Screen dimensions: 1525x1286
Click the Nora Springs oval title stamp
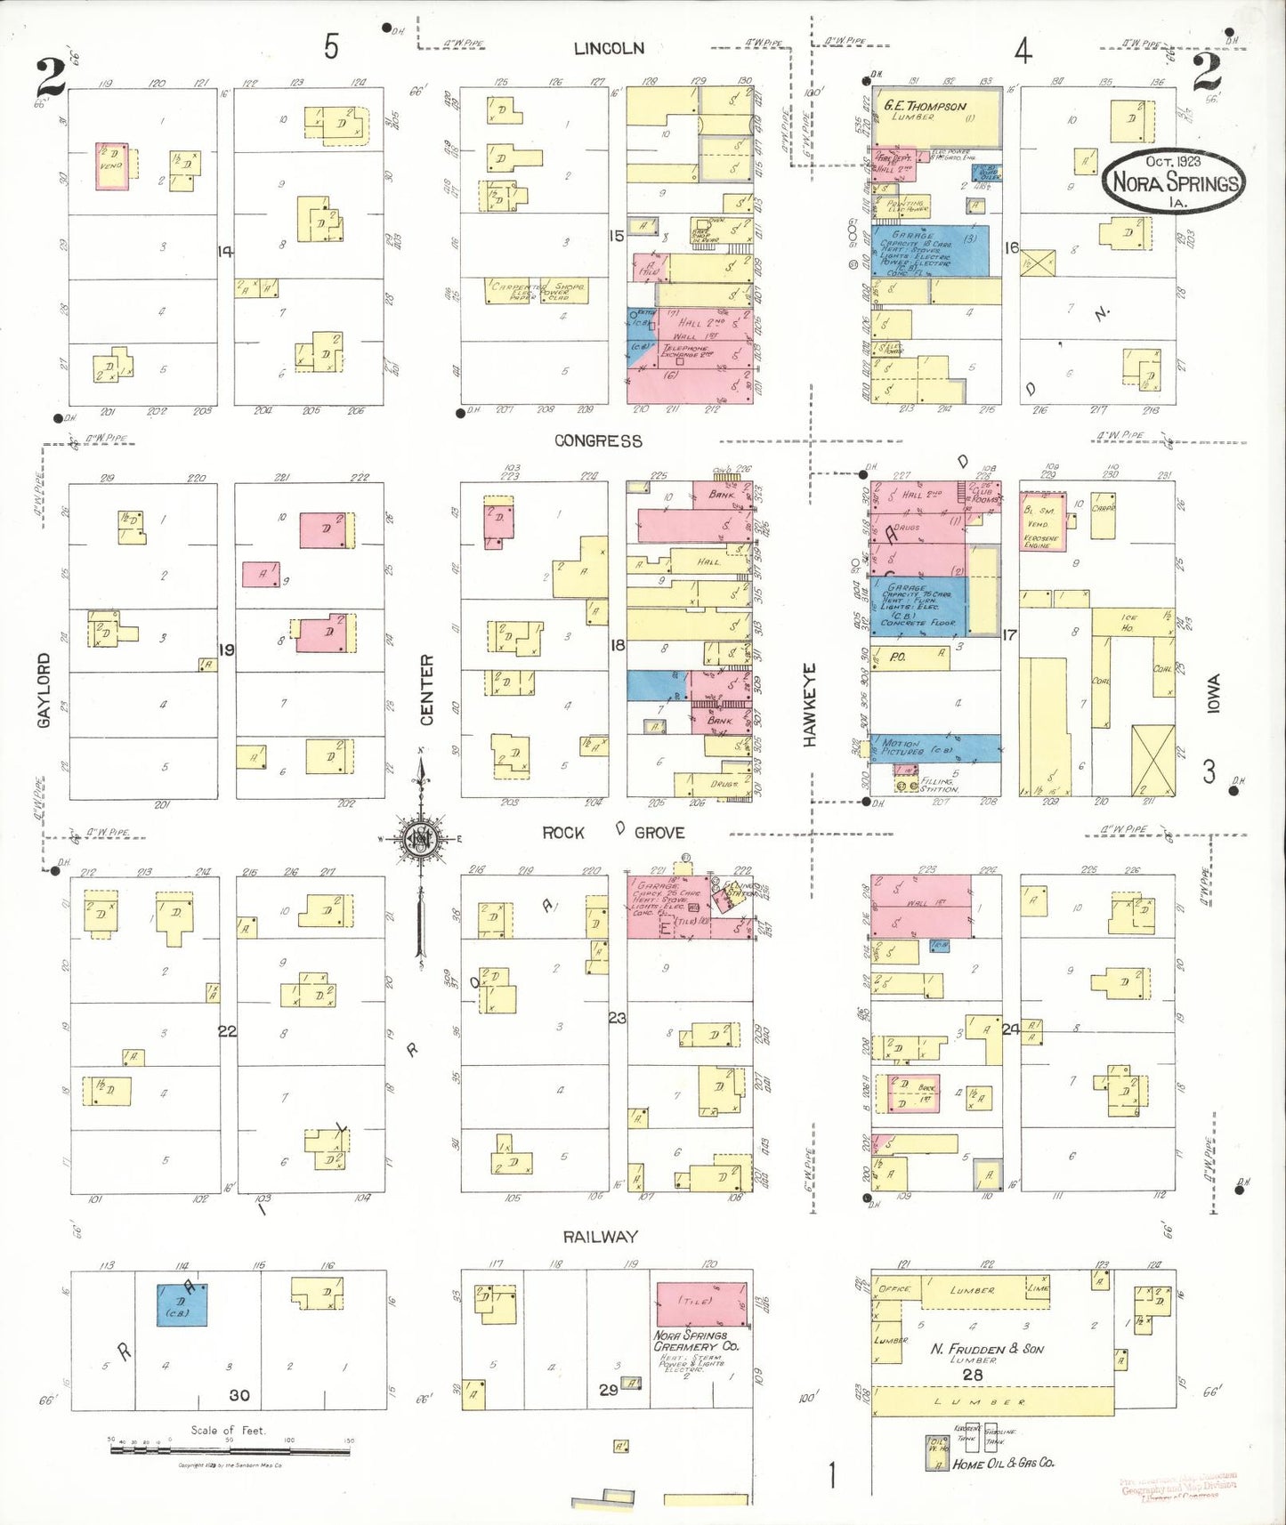(x=1173, y=181)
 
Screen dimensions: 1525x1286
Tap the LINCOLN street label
(x=609, y=49)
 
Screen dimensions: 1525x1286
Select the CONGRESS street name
(x=598, y=441)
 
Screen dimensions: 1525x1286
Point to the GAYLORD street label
(x=44, y=690)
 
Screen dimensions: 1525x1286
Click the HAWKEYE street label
(x=809, y=705)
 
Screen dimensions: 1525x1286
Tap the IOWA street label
(x=1213, y=693)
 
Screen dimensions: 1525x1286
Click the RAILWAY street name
(x=600, y=1237)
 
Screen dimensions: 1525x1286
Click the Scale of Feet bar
(x=230, y=1450)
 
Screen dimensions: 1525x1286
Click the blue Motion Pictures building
(x=934, y=747)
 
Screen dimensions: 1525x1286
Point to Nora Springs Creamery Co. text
(x=696, y=1341)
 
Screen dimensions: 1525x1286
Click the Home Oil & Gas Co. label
(x=1003, y=1463)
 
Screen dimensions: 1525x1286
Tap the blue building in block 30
(x=182, y=1305)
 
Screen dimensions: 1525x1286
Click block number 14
(x=225, y=252)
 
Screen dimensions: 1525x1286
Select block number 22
(x=227, y=1030)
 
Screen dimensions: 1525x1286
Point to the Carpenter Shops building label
(x=538, y=290)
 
